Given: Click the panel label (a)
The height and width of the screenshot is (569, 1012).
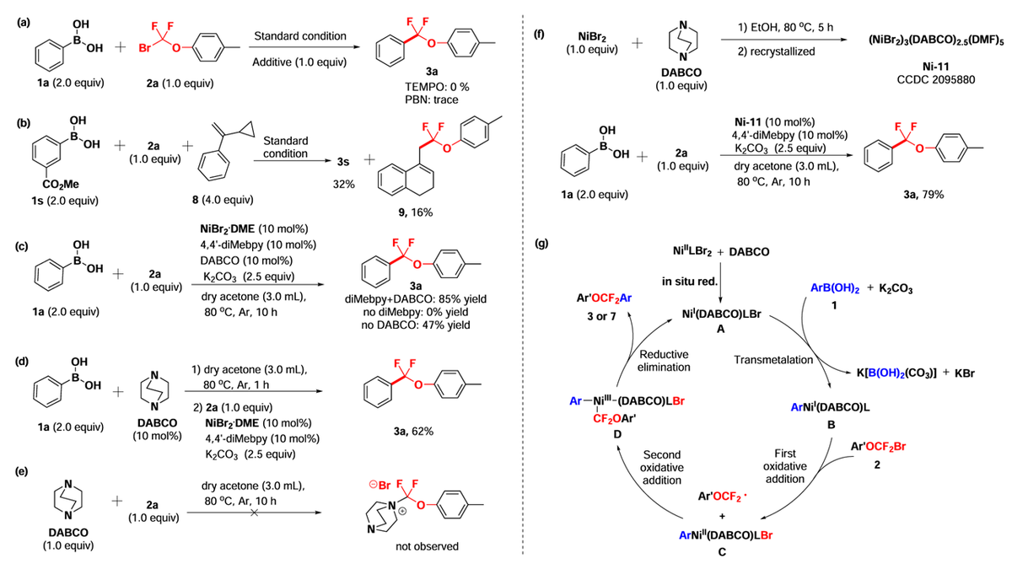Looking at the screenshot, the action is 24,23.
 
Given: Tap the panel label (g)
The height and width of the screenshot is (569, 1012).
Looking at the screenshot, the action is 541,244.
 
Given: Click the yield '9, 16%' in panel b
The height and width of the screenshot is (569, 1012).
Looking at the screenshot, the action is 415,212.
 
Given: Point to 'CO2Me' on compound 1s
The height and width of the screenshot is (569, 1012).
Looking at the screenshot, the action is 61,185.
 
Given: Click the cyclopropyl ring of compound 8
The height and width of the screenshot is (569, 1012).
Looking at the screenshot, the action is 247,130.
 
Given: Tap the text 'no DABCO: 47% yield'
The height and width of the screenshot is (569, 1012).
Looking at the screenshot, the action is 415,325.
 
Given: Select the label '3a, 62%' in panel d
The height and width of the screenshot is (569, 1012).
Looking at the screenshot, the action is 413,432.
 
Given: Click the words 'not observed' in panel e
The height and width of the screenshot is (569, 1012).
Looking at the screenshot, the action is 427,546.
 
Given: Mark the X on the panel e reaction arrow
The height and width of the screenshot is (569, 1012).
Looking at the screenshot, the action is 255,513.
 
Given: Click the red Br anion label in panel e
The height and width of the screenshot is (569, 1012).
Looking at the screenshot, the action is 379,486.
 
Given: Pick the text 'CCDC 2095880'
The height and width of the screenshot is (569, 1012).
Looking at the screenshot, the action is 935,80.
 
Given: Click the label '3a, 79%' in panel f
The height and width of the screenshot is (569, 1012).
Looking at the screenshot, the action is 923,195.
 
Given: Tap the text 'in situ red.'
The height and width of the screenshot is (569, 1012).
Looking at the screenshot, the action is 690,282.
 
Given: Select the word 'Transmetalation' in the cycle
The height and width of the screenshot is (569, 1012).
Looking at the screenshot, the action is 773,360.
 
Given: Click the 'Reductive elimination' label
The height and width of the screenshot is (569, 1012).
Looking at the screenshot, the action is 664,361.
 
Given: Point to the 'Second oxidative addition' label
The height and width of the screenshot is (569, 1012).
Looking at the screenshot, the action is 662,467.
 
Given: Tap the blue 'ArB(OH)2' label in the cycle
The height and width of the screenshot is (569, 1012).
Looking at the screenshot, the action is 835,289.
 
